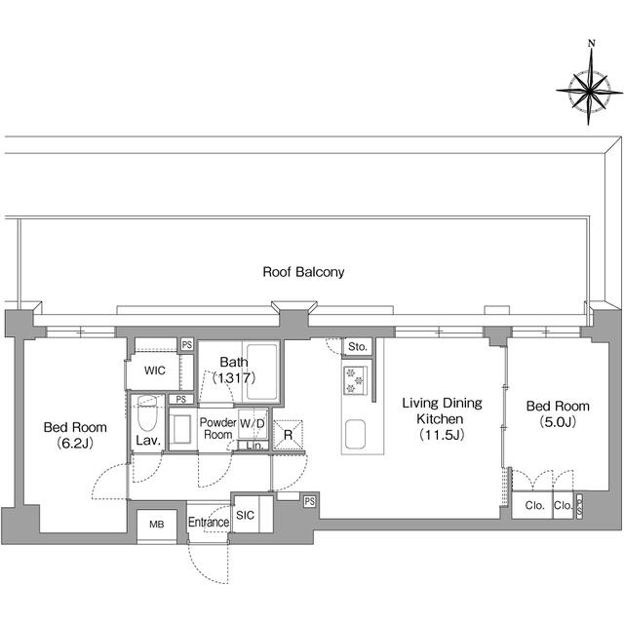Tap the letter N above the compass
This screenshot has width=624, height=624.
[591, 44]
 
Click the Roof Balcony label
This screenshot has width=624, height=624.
[303, 272]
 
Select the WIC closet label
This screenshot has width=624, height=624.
[155, 371]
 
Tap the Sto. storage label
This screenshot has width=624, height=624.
[357, 346]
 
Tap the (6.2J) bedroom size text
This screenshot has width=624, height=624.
[74, 444]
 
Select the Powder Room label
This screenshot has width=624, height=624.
[217, 428]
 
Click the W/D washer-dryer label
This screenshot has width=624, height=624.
[252, 424]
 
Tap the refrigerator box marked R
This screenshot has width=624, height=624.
[288, 435]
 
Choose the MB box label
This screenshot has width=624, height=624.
[155, 524]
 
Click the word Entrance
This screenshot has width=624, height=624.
[208, 523]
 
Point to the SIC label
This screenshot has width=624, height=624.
[245, 516]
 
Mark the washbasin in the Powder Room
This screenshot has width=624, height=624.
[182, 430]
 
